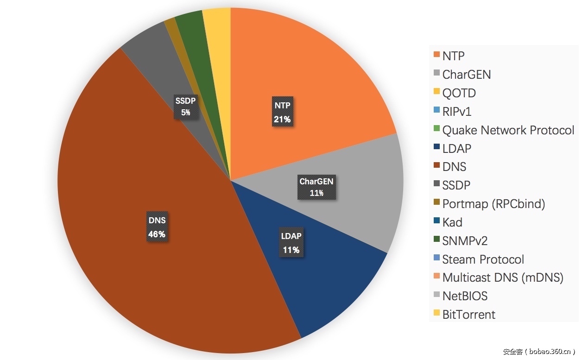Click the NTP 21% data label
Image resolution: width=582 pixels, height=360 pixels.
pos(282,112)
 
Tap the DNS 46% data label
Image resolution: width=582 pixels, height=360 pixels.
pos(157,227)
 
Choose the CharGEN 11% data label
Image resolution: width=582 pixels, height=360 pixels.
pos(316,187)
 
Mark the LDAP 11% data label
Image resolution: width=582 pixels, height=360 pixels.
pos(291,243)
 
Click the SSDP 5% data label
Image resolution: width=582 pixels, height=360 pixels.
pos(185,106)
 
